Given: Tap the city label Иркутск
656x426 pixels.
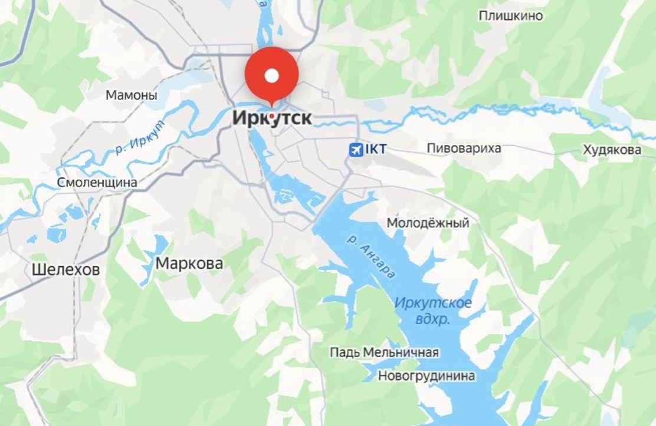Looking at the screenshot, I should pos(272,118).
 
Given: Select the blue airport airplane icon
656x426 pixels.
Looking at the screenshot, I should pos(356,150).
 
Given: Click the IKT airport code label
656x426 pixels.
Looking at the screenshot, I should pos(376,150).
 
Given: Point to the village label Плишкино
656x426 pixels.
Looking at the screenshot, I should pos(510,16).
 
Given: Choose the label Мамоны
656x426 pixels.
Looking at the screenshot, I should pos(132,95).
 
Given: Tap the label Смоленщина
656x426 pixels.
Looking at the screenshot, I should pos(97,183).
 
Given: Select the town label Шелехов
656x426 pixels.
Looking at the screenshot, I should pos(65,270).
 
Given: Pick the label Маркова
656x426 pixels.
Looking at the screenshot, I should pos(189,263).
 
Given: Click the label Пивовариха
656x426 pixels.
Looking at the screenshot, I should pos(464,148).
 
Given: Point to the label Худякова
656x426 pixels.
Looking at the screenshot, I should pos(612,150).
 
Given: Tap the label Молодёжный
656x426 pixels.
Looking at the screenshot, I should pos(428,223).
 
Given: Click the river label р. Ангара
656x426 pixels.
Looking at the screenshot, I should pos(371,257).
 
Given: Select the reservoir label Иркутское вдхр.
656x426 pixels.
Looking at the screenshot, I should pos(433,311).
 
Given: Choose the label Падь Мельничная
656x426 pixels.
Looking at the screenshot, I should pos(384,352).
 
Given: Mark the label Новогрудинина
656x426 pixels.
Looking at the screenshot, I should pos(427,375).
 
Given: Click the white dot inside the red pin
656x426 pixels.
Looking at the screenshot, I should pos(271,75).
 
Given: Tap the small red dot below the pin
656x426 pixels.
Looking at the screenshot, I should pos(271,116).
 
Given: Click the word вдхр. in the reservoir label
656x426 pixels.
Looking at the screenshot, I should pos(433,319).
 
